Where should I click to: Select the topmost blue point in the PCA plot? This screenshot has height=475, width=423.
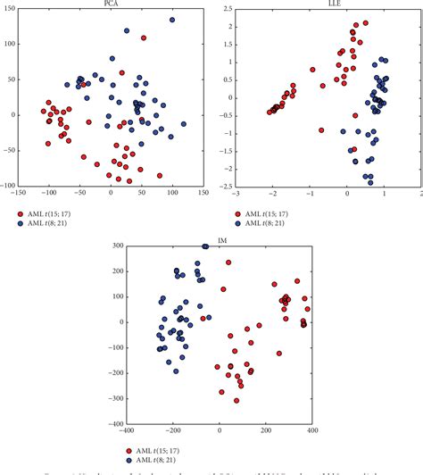172,20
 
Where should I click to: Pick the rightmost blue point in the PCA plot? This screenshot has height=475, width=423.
184,124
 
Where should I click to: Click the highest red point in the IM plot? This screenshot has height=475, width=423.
228,262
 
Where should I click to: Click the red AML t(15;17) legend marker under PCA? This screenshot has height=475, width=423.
21,213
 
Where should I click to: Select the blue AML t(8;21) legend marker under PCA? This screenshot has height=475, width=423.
21,224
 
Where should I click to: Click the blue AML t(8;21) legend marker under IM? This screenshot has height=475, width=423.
131,462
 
